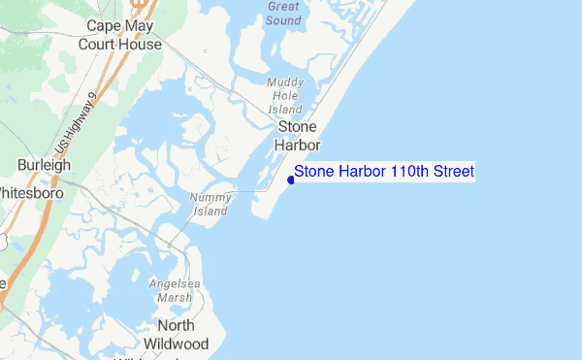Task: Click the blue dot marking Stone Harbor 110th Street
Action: pos(291,180)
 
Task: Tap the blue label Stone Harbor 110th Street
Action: pos(384,172)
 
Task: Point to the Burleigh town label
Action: pos(44,166)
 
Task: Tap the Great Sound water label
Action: pos(283,13)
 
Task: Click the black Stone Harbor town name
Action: pos(299,136)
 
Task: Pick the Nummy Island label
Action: pos(210,204)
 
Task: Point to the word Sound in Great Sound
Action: pos(283,19)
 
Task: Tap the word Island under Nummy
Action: pos(210,211)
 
